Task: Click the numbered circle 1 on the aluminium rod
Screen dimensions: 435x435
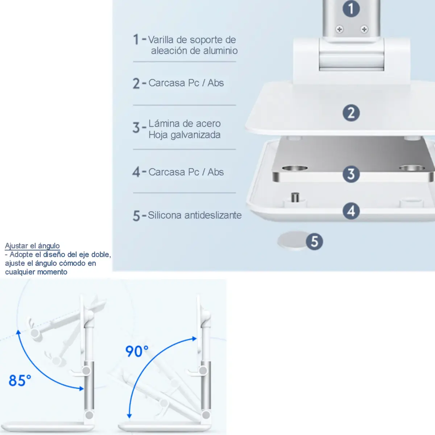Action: coord(351,9)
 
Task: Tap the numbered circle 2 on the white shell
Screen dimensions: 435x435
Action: coord(351,113)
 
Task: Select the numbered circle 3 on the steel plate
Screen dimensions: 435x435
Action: coord(351,174)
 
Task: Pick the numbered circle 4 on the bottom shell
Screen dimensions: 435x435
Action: coord(351,211)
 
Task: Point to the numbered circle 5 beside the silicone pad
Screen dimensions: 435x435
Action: coord(314,241)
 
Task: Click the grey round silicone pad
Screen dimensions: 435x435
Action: coord(292,241)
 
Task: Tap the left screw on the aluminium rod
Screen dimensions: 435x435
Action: coord(339,29)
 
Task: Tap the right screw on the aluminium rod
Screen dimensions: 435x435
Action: coord(364,29)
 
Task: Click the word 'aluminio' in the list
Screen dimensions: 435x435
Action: coord(220,50)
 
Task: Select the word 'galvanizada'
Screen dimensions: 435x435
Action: coord(195,135)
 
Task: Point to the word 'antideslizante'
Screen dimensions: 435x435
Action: coord(213,215)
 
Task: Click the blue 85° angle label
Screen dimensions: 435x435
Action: coord(20,380)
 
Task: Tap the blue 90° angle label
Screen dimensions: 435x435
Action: coord(137,351)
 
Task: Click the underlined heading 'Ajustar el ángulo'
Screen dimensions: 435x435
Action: coord(32,246)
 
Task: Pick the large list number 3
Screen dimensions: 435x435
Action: coord(136,128)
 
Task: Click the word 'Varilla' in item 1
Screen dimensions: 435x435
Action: coord(161,40)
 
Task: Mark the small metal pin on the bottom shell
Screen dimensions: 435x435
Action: coord(295,197)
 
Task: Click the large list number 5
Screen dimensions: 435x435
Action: coord(136,216)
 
